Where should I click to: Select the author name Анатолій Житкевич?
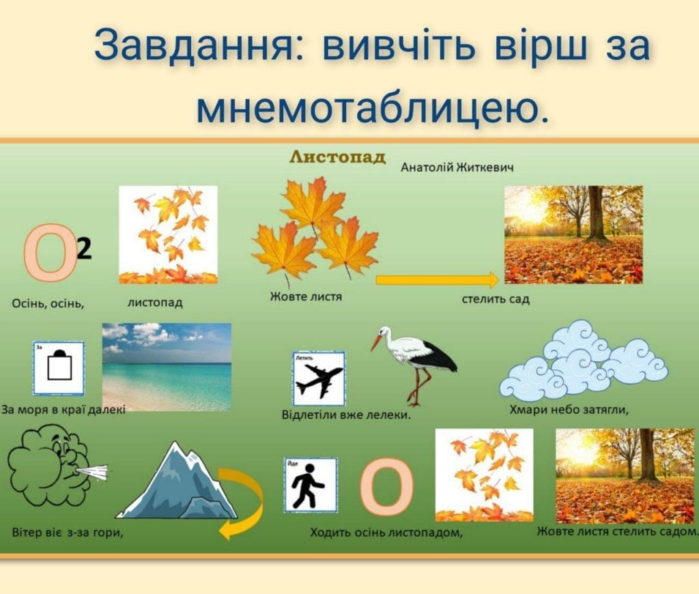click(x=457, y=168)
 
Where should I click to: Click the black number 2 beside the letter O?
click(x=84, y=249)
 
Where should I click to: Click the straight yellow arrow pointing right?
click(x=438, y=280)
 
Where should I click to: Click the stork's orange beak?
click(x=377, y=343)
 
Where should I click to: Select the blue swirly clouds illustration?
click(x=584, y=360)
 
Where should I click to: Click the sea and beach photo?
click(x=167, y=367)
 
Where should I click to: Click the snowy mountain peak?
click(x=177, y=480)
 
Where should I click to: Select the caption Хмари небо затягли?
click(x=569, y=410)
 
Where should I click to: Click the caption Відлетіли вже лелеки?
click(x=346, y=415)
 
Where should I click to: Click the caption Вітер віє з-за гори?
click(x=68, y=533)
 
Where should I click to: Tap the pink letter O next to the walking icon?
click(x=386, y=486)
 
